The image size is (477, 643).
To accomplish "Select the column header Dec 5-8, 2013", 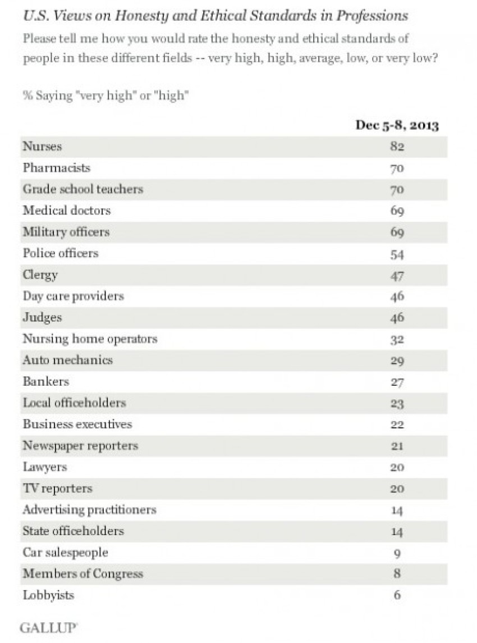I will [x=397, y=125].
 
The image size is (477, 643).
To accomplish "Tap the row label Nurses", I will [x=42, y=147].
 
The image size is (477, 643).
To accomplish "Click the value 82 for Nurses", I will [x=397, y=147].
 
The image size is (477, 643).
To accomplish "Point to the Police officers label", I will [x=61, y=253].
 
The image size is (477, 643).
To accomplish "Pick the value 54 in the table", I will [x=397, y=254].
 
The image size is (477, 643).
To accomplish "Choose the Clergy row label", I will [x=40, y=275].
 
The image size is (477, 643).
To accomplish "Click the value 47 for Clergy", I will [x=397, y=275].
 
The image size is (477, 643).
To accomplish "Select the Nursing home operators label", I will [x=90, y=339].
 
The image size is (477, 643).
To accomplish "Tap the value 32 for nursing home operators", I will [x=397, y=339].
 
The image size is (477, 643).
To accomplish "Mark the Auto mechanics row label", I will [x=67, y=360].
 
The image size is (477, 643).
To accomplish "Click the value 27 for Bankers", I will [x=397, y=382].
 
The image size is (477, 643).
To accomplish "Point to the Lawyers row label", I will [x=45, y=467].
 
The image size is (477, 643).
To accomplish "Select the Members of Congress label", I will [x=82, y=573].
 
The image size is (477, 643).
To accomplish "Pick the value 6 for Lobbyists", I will [x=397, y=595].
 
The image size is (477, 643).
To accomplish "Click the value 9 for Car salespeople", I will [x=397, y=553].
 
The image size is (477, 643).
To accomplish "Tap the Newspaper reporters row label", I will [x=80, y=445].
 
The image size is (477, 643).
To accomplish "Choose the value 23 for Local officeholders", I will [x=397, y=403].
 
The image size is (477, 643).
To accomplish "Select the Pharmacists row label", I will [x=56, y=168].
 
